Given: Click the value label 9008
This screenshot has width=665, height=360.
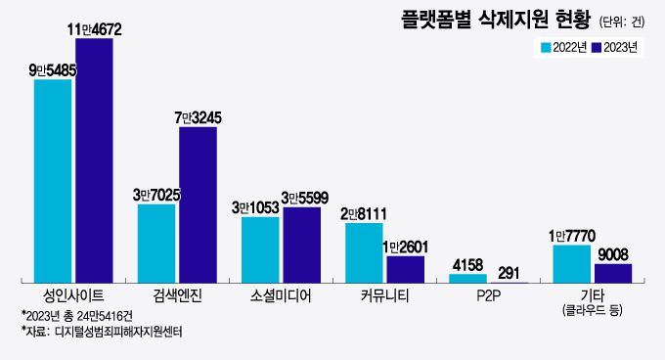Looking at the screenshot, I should pos(613,254).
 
